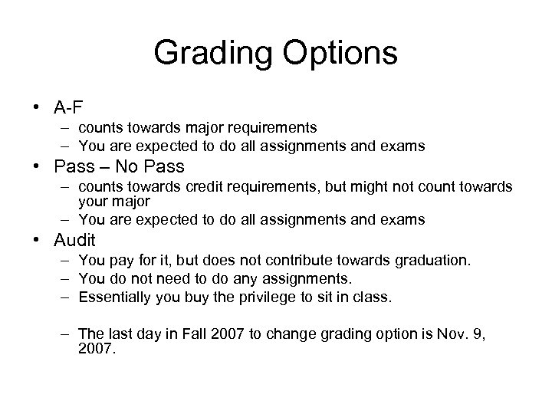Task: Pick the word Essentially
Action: pyautogui.click(x=114, y=297)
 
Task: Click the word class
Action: pyautogui.click(x=373, y=297)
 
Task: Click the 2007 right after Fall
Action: pyautogui.click(x=202, y=333)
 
